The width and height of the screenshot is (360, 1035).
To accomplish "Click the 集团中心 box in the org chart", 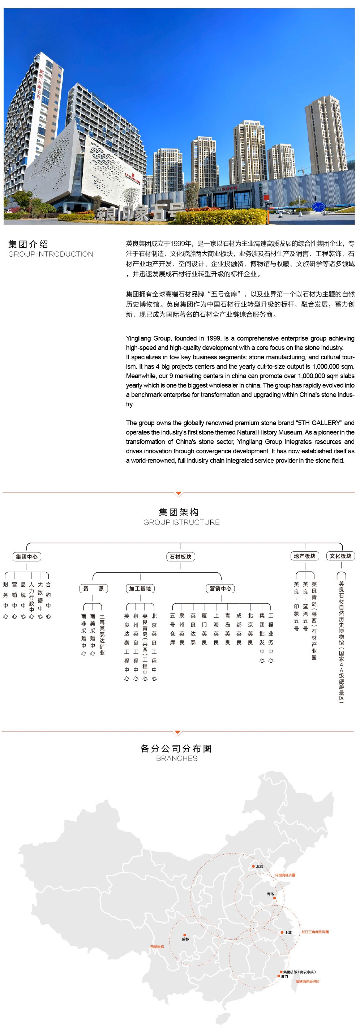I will pos(26,556).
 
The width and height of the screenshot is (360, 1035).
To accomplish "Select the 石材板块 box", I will pos(180,556).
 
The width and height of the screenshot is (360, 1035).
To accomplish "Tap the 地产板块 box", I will pos(305,556).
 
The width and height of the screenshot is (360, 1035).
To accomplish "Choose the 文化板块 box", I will pos(340,556).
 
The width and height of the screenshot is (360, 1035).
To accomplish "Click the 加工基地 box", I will pos(140,589).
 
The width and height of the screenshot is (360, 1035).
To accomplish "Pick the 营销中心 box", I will pos(220,589).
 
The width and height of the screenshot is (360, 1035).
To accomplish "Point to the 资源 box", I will pos(93,589).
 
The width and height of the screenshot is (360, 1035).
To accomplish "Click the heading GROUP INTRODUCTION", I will pos(51,254).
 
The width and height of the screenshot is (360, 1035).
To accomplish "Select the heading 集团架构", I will pos(179,512).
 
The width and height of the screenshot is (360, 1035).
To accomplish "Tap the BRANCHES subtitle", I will pos(177,758).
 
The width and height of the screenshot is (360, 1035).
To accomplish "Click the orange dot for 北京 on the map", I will pos(253,866).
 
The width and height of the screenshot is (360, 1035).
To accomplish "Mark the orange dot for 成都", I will pos(184,935).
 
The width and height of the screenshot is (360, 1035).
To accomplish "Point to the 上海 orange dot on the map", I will pos(282,932).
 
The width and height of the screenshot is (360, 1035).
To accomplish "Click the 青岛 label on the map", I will pos(270,894).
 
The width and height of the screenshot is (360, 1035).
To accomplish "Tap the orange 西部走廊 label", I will pos(157,946).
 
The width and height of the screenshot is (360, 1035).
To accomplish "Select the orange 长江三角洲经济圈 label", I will pos(315,932).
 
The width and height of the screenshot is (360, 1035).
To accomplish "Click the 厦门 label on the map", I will pos(284,977).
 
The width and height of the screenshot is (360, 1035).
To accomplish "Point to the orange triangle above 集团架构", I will pos(179,493).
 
